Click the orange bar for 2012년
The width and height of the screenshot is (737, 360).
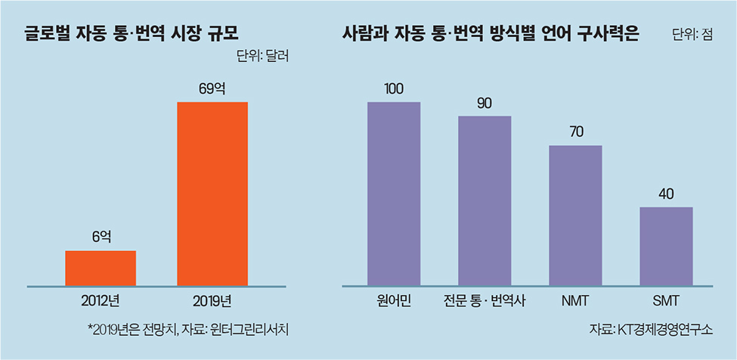(101, 268)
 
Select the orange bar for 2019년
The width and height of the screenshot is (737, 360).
(212, 194)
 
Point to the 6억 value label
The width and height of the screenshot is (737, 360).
(101, 237)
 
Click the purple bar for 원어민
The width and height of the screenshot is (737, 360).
(394, 194)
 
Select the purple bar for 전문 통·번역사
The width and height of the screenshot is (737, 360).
(485, 200)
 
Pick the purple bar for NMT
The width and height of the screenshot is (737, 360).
(575, 216)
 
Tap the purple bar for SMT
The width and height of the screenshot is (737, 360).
(666, 246)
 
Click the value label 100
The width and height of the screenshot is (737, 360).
(394, 89)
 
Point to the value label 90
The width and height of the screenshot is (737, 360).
(485, 104)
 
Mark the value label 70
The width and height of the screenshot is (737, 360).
(575, 133)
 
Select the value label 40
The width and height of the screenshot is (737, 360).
(666, 194)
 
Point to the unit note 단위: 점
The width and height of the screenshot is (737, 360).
(692, 35)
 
